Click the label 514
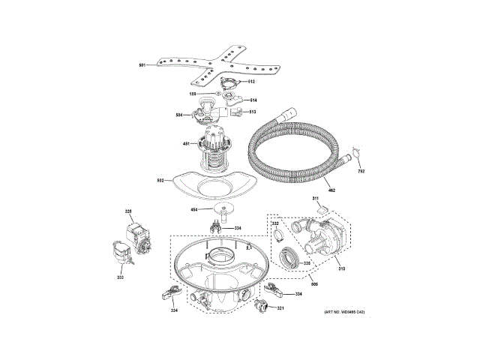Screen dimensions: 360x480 click(253, 100)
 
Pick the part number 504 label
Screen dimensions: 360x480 click(179, 115)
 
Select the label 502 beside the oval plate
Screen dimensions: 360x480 click(160, 181)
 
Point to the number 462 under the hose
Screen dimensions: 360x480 click(331, 190)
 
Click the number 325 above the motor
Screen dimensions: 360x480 click(127, 212)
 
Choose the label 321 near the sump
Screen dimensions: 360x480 click(280, 308)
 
